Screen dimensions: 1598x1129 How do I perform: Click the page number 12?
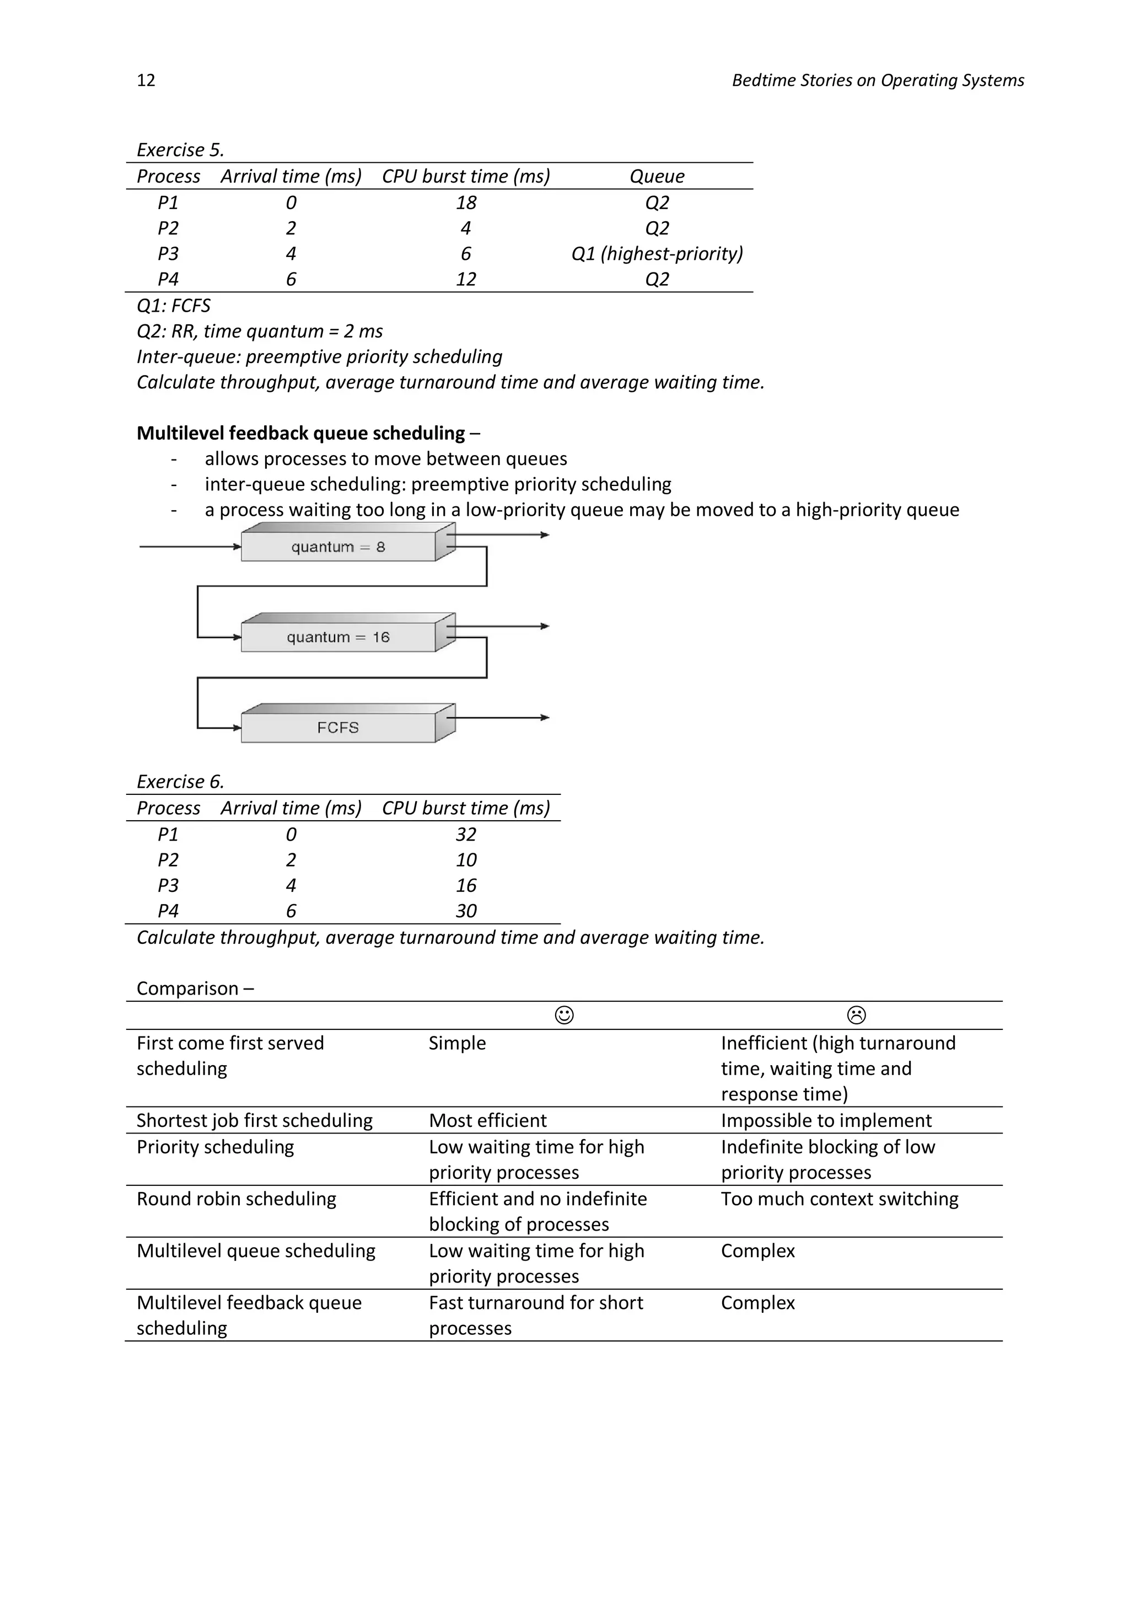146,80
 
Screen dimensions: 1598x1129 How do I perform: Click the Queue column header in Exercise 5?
656,176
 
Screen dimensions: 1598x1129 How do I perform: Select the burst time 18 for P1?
465,202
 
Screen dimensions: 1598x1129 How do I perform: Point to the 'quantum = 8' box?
338,547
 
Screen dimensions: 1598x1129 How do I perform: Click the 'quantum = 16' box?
338,637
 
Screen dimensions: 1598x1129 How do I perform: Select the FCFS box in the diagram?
338,728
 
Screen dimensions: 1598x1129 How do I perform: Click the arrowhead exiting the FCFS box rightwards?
545,718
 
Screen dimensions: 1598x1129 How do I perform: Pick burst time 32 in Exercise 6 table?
465,834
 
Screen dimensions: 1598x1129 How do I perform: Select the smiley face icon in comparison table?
564,1016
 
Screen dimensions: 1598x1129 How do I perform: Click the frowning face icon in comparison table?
856,1016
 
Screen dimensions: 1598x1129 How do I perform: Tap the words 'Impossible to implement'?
826,1120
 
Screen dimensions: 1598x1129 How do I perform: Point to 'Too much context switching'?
839,1199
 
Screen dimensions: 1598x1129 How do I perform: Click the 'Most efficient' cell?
488,1120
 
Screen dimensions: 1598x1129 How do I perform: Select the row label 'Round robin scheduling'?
236,1199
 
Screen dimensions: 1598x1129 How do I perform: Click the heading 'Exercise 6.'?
180,782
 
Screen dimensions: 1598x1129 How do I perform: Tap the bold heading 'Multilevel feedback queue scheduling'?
300,433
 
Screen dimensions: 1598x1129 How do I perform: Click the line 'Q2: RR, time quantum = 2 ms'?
260,332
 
